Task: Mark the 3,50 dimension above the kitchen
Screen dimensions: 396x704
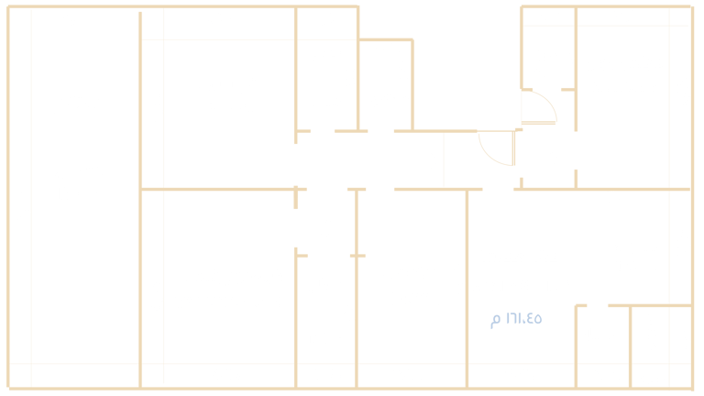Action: [621, 196]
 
